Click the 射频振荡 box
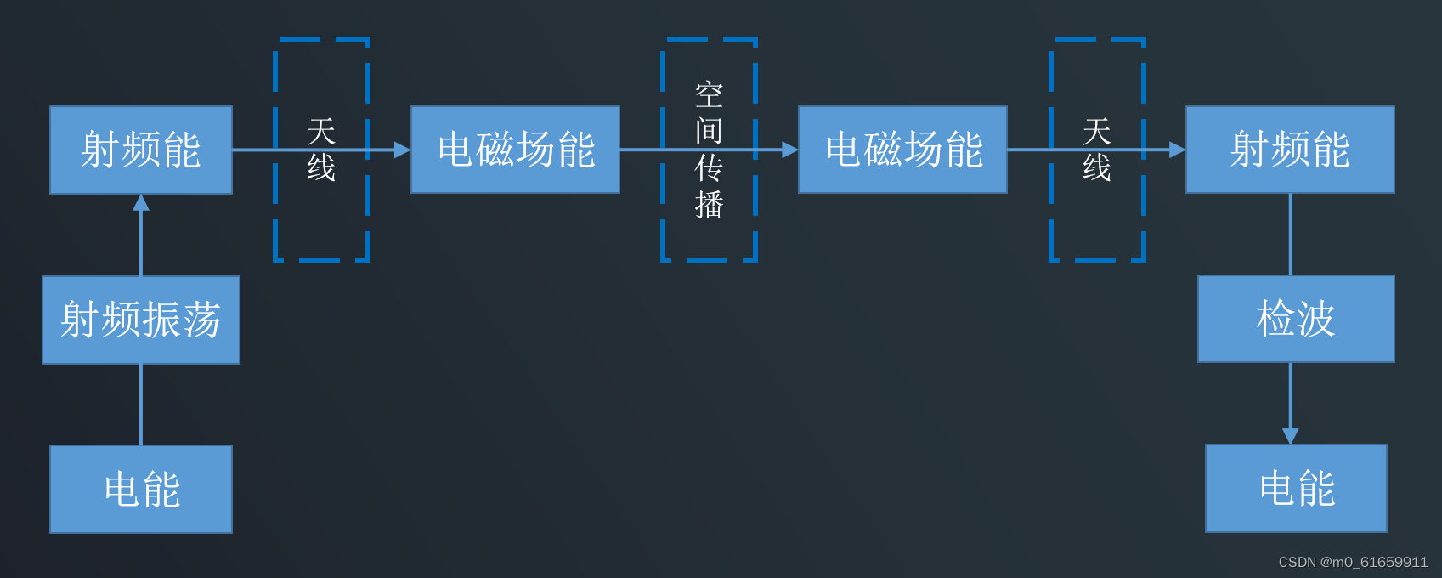pyautogui.click(x=141, y=320)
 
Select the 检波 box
pyautogui.click(x=1296, y=319)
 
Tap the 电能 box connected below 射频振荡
pyautogui.click(x=141, y=489)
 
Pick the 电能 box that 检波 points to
pyautogui.click(x=1296, y=488)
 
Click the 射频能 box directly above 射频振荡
pyautogui.click(x=141, y=150)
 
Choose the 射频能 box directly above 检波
pyautogui.click(x=1290, y=150)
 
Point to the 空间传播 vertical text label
pyautogui.click(x=709, y=150)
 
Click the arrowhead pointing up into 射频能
pyautogui.click(x=141, y=202)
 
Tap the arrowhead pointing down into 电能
pyautogui.click(x=1290, y=436)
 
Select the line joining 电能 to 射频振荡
pyautogui.click(x=141, y=405)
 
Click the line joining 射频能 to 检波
pyautogui.click(x=1290, y=234)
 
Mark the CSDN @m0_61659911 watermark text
pyautogui.click(x=1353, y=562)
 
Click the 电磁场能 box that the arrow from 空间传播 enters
pyautogui.click(x=902, y=150)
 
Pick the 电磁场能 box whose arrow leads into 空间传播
pyautogui.click(x=515, y=150)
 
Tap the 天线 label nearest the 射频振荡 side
pyautogui.click(x=321, y=150)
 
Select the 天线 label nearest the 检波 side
pyautogui.click(x=1097, y=150)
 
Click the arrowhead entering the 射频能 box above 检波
pyautogui.click(x=1177, y=150)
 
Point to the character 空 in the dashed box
pyautogui.click(x=709, y=95)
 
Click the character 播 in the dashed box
pyautogui.click(x=709, y=205)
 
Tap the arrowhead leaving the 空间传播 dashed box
pyautogui.click(x=789, y=150)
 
